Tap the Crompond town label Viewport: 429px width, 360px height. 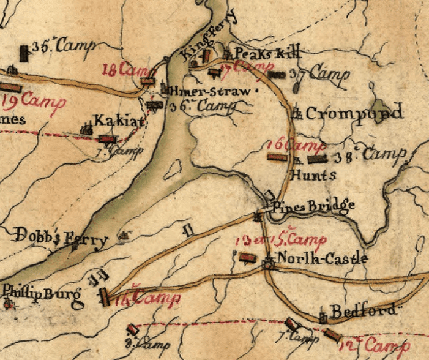[354, 113]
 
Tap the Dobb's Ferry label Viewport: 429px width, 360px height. [61, 238]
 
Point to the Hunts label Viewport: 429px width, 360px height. [313, 176]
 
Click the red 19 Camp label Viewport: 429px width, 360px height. [33, 101]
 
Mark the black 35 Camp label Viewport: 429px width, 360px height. [61, 47]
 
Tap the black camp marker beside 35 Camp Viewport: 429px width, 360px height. [24, 53]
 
